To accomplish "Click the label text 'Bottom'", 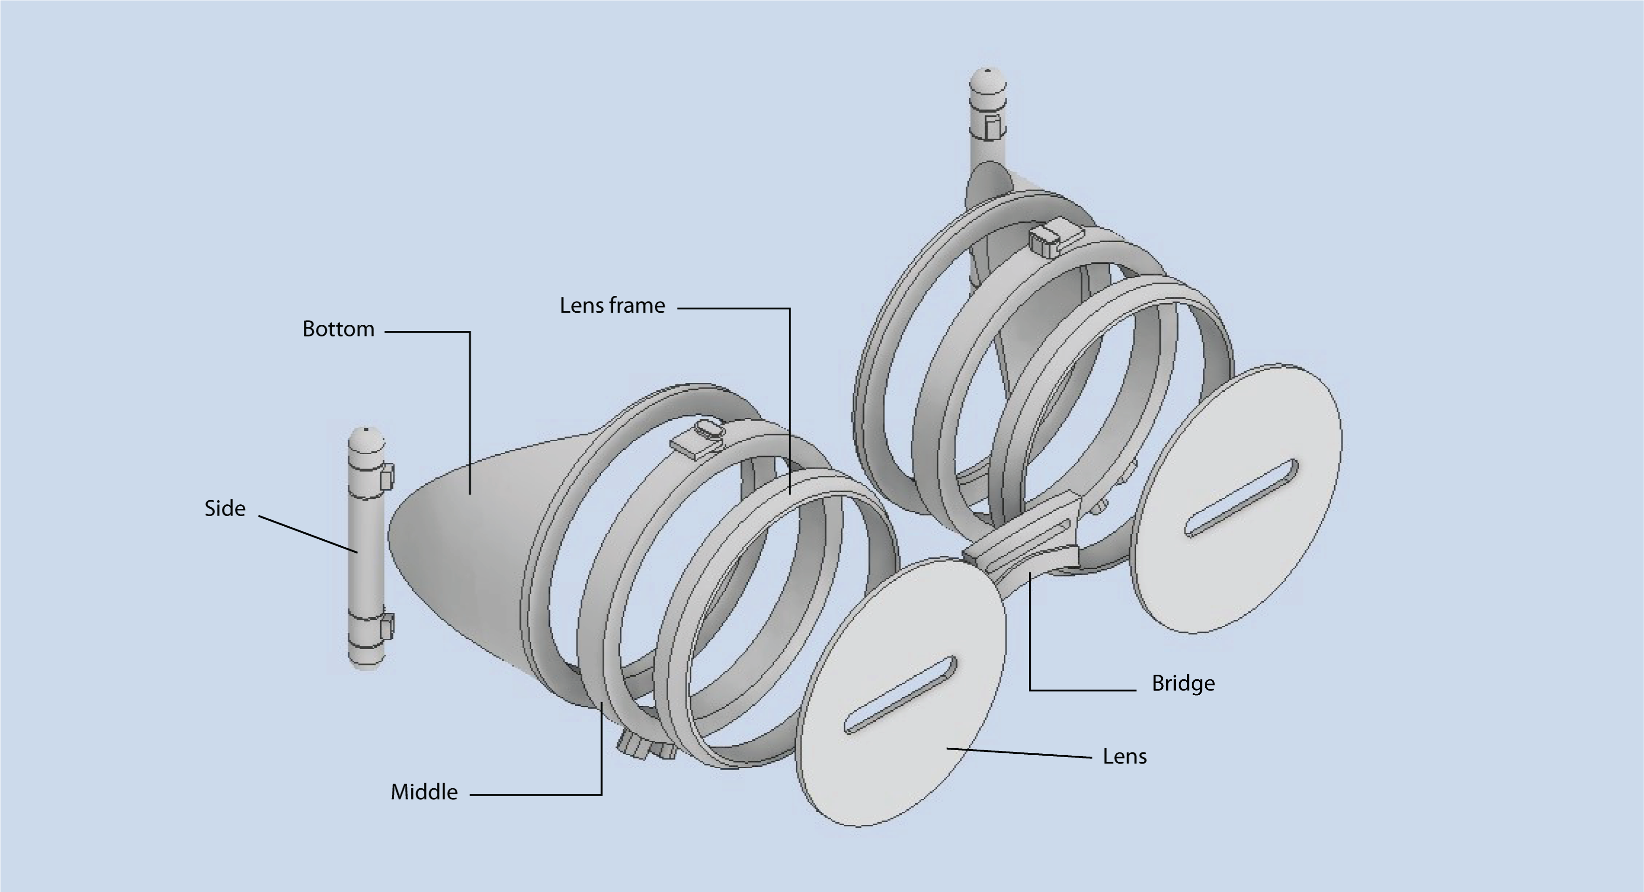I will click(x=338, y=329).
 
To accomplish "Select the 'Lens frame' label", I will click(x=612, y=306).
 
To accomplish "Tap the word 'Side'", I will click(x=225, y=509).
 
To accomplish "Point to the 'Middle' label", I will click(x=424, y=792).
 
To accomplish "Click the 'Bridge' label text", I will click(x=1182, y=684).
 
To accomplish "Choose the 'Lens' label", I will click(x=1125, y=756).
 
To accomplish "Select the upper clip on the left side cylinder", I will click(x=387, y=476).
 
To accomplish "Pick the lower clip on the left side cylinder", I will click(x=387, y=627).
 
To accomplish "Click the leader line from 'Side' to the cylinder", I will click(x=308, y=534).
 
